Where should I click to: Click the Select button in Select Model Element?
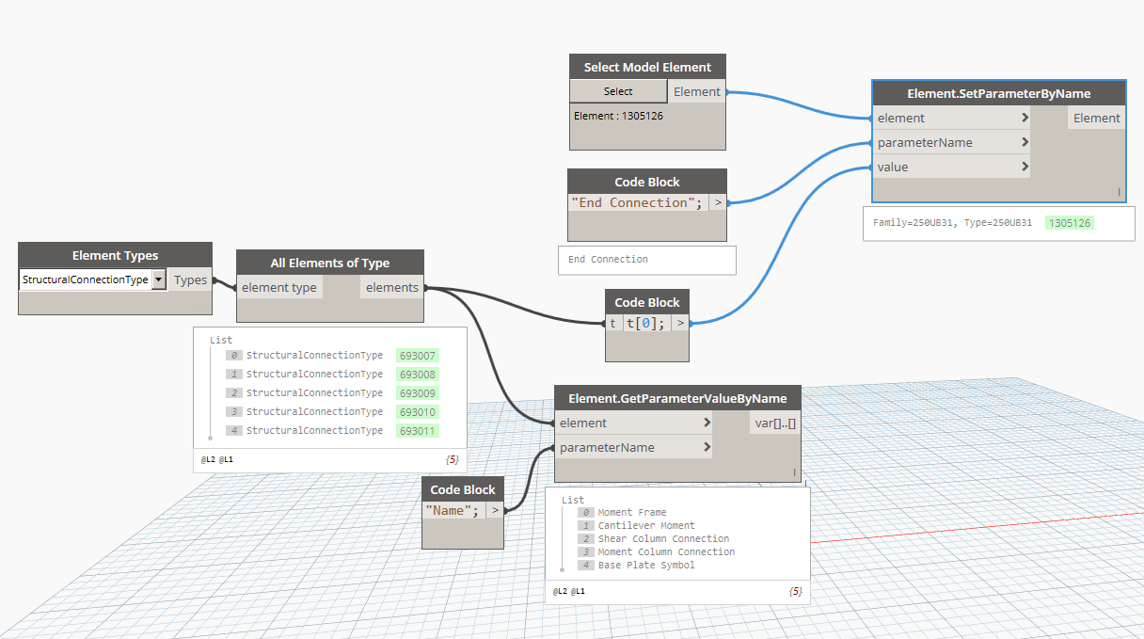click(x=618, y=91)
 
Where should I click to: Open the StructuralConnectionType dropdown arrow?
click(x=159, y=280)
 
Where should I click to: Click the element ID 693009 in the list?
click(x=418, y=393)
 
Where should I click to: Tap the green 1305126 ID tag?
click(x=1070, y=223)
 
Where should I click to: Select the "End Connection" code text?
click(x=637, y=202)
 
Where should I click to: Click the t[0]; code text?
click(x=645, y=324)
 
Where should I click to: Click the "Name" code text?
click(x=452, y=510)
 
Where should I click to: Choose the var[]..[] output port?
click(x=775, y=423)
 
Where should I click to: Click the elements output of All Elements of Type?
click(x=391, y=288)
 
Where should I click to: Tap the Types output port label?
click(x=190, y=280)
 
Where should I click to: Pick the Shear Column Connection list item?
click(x=663, y=538)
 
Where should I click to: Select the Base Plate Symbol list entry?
click(x=646, y=565)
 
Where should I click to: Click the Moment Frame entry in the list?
click(x=632, y=512)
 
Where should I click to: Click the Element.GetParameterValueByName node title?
click(x=677, y=398)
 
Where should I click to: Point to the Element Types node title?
click(x=115, y=255)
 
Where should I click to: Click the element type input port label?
click(x=278, y=288)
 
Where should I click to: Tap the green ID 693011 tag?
click(x=418, y=431)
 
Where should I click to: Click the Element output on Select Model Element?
click(x=696, y=92)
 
